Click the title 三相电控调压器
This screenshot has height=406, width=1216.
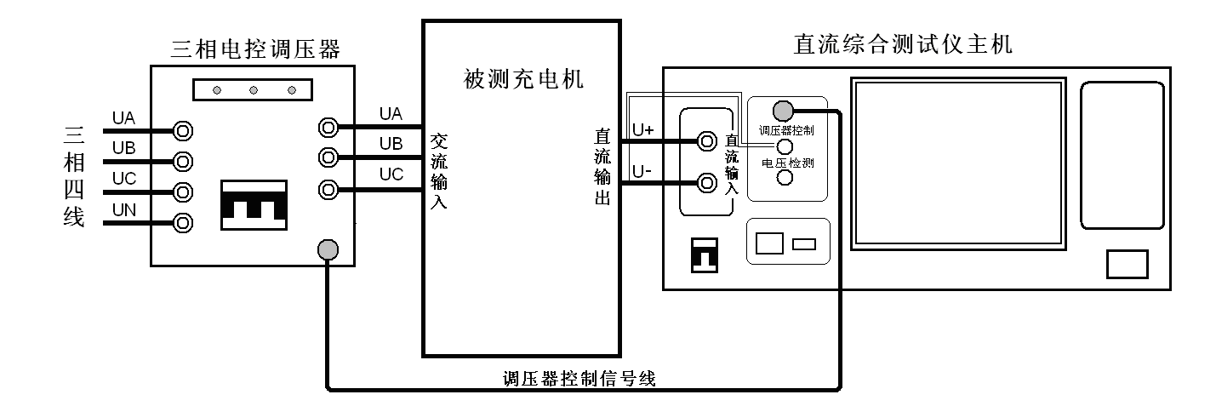point(255,49)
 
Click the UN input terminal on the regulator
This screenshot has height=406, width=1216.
point(181,223)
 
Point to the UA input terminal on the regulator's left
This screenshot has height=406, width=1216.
point(181,130)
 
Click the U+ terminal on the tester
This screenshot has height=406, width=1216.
point(705,141)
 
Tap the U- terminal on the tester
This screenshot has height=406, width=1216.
point(705,181)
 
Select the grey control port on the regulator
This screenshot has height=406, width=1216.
point(328,249)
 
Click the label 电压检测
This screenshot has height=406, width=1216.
point(785,163)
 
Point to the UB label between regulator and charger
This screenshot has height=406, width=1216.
point(391,142)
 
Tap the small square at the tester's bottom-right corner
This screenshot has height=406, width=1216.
point(1128,265)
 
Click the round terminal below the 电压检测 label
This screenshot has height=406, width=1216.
point(785,177)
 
